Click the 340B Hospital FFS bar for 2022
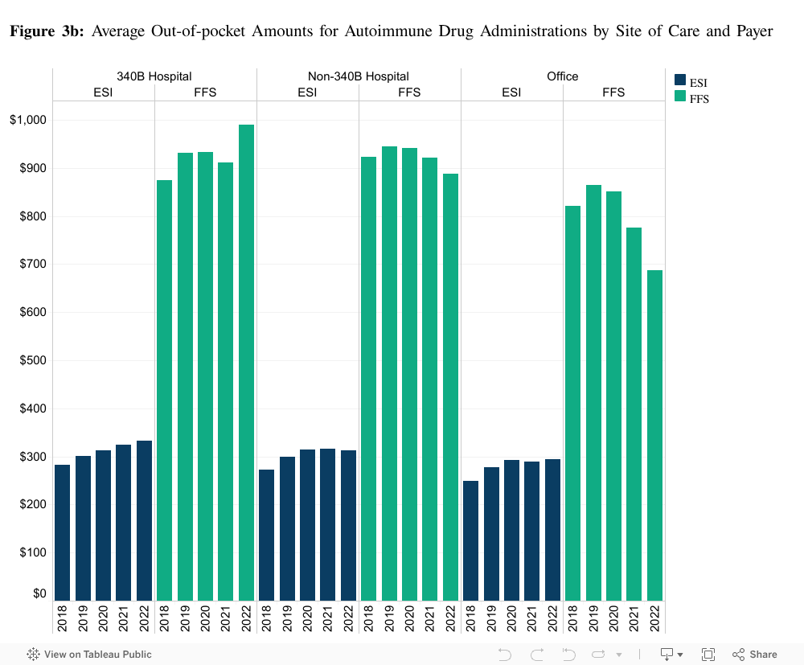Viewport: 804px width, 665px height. coord(246,363)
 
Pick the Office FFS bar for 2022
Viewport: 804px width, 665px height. coord(654,435)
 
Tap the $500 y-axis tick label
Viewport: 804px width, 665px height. coord(32,360)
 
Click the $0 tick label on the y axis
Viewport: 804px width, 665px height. coord(39,593)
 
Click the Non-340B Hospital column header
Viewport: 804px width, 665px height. coord(358,76)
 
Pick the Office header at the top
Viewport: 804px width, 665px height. coord(562,76)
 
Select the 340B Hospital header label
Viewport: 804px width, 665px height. coord(154,76)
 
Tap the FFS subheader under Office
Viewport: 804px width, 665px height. coord(613,92)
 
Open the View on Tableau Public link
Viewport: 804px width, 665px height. coord(89,654)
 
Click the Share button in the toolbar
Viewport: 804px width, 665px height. coord(755,654)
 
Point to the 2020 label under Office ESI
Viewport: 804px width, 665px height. coord(511,618)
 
